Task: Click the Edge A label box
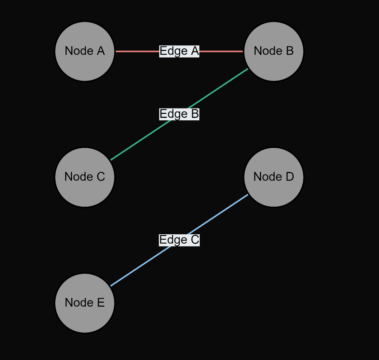point(179,51)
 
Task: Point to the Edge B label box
point(179,114)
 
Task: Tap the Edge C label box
point(179,240)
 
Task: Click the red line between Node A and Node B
point(136,51)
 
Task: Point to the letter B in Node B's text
point(289,51)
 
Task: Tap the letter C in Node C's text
point(100,177)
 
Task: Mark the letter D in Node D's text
point(289,177)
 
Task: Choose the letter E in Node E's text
point(100,303)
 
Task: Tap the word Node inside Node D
point(265,177)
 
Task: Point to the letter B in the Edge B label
point(195,114)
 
